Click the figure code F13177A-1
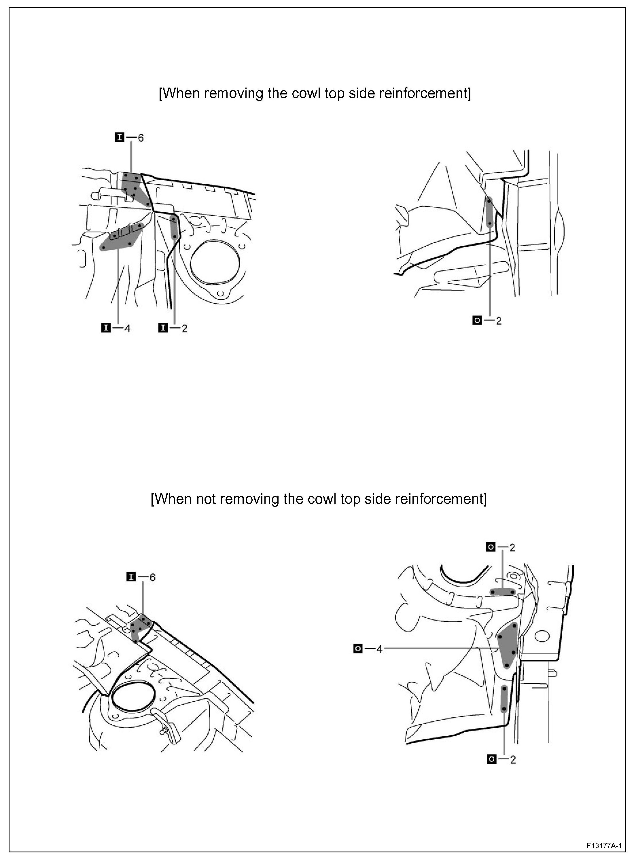604,842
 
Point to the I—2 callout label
173,328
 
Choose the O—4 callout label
368,649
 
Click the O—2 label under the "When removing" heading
487,320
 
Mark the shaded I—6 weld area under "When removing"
134,189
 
